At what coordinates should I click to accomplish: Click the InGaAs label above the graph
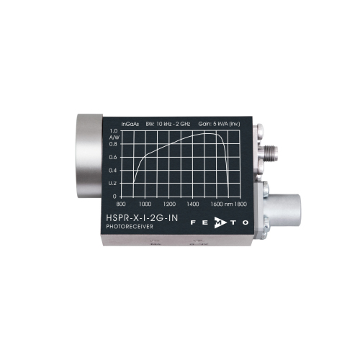click(x=130, y=124)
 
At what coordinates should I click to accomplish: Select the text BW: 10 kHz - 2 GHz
click(x=168, y=124)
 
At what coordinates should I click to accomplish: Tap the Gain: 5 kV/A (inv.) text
click(x=219, y=124)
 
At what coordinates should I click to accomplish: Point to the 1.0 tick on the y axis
click(x=114, y=131)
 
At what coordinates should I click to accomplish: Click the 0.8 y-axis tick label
click(x=113, y=144)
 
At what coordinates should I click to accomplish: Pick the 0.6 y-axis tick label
click(x=113, y=157)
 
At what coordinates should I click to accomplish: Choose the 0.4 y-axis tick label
click(x=113, y=171)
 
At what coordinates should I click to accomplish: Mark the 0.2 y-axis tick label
click(x=112, y=184)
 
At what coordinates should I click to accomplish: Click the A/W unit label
click(x=114, y=138)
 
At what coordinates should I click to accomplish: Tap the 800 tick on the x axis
click(x=121, y=204)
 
